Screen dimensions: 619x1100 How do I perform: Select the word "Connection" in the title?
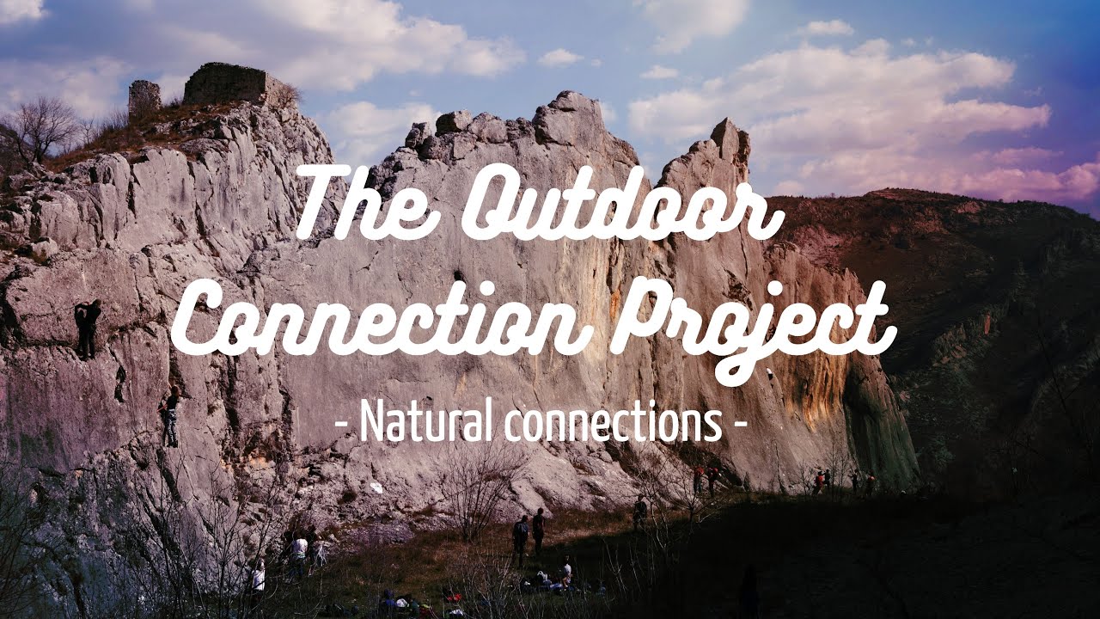(x=378, y=322)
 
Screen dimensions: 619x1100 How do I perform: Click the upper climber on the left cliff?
(x=87, y=328)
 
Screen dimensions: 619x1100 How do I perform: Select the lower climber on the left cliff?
(x=171, y=417)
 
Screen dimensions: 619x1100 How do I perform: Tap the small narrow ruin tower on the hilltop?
(x=144, y=97)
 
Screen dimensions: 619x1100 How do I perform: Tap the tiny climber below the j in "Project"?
(x=770, y=373)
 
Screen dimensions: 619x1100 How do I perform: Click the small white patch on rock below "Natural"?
(x=376, y=487)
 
